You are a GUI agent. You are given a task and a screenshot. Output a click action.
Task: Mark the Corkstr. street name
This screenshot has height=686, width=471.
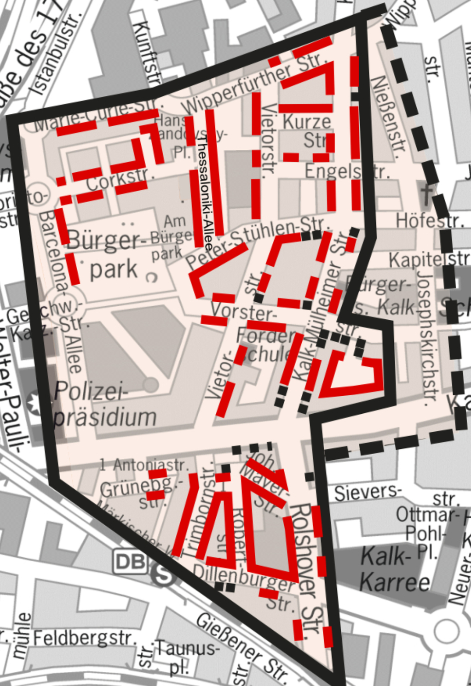point(117,180)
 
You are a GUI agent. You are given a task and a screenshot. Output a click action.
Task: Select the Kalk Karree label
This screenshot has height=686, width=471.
point(395,569)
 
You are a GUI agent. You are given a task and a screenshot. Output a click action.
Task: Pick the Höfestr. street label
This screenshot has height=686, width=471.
point(430,221)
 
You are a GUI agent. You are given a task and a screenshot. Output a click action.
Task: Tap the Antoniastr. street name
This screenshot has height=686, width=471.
point(144,465)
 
